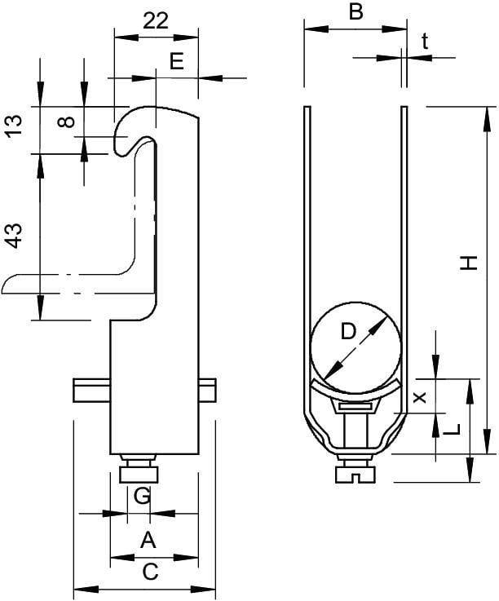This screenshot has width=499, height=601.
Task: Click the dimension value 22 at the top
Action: click(156, 20)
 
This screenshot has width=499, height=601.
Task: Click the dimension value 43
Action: click(14, 236)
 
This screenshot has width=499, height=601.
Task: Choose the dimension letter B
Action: click(355, 11)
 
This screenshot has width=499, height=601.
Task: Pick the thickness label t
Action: click(425, 42)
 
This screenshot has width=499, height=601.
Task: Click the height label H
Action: click(469, 263)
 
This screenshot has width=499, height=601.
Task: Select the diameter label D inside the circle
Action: click(348, 332)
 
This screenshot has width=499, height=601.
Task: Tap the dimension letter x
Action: click(421, 397)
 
